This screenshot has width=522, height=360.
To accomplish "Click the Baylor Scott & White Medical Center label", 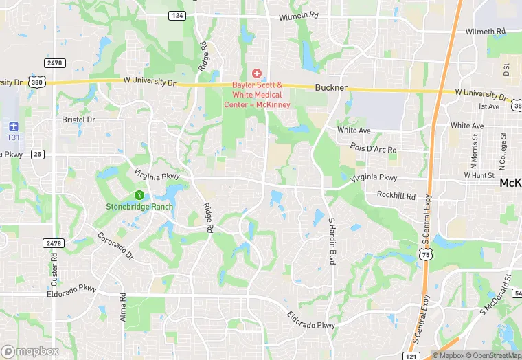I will click(x=257, y=95).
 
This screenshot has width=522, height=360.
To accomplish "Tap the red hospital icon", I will click(x=257, y=73).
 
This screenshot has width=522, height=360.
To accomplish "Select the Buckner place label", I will click(x=331, y=88).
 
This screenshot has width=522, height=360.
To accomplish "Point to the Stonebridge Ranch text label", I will click(x=139, y=206).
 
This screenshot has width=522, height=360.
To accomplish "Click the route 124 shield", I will click(x=178, y=15).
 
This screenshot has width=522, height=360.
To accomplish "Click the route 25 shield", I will click(x=37, y=154).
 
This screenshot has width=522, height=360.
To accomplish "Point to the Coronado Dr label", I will click(x=115, y=245).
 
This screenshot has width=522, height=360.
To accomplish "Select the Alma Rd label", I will click(x=123, y=307).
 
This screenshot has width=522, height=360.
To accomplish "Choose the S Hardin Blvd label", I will click(x=331, y=240).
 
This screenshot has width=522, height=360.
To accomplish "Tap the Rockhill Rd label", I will click(x=396, y=196).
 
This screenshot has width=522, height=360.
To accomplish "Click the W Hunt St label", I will click(x=479, y=175).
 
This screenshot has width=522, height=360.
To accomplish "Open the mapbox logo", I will click(x=30, y=351).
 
